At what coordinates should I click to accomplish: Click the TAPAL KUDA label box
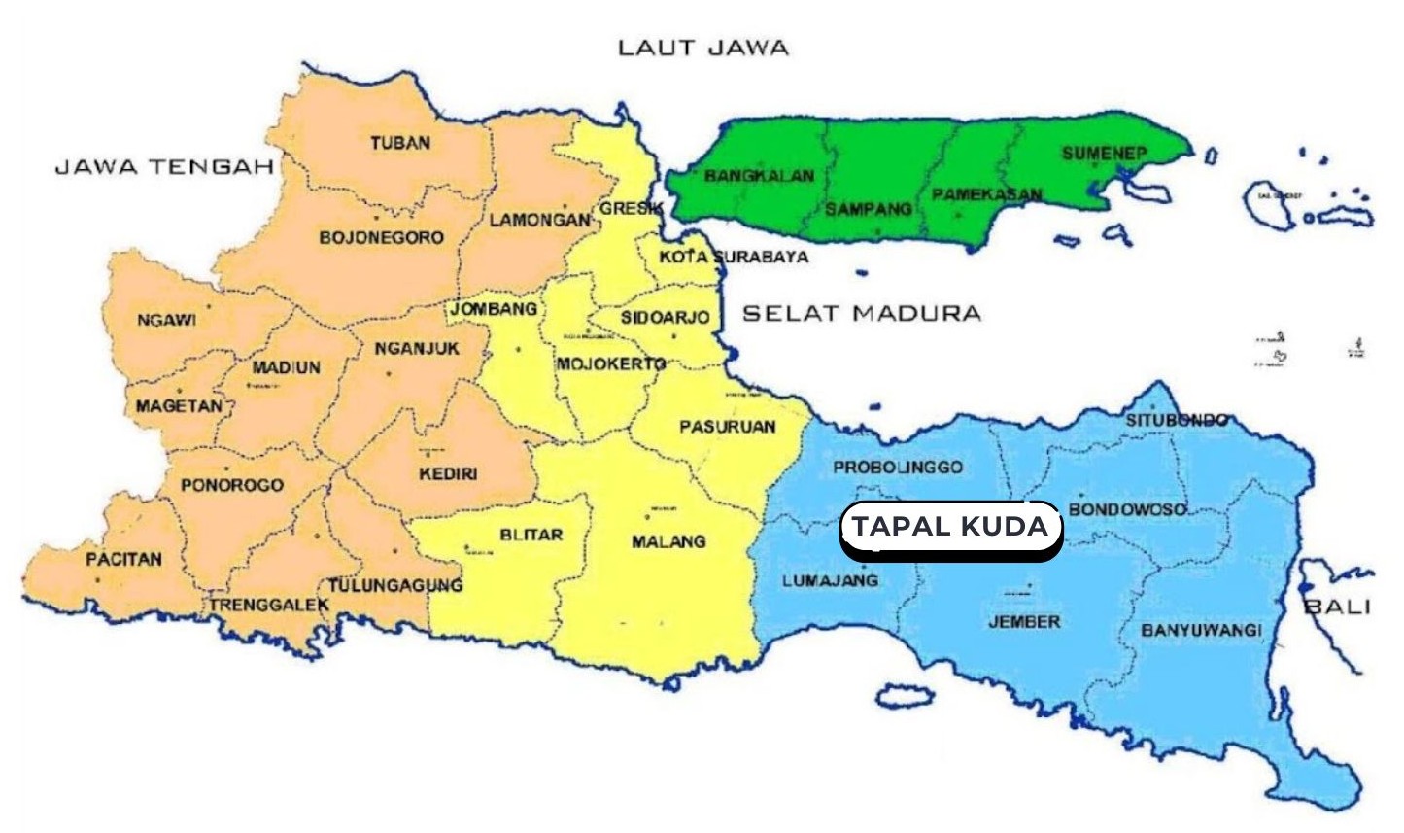pos(950,528)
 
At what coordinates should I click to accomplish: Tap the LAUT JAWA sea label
pos(702,48)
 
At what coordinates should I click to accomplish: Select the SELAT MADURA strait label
pos(861,313)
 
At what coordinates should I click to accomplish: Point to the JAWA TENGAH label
pos(164,167)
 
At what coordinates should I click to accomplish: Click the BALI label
pos(1337,607)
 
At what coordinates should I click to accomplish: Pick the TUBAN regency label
pos(399,143)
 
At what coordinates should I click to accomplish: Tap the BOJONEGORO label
pos(381,237)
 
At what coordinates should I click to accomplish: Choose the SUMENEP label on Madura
pos(1104,154)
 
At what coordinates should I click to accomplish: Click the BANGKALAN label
pos(759,176)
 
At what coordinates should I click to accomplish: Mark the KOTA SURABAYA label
pos(734,258)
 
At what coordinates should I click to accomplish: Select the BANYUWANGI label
pos(1201,630)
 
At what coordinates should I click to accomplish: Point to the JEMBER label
pos(1024,621)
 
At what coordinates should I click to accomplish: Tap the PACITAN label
pos(123,559)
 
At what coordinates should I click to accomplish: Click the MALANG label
pos(668,541)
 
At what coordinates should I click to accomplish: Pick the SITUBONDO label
pos(1176,420)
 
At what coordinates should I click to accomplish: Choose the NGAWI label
pos(166,319)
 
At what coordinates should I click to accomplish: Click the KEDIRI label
pos(448,473)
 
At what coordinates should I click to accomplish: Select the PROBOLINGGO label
pos(897,467)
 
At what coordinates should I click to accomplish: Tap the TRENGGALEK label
pos(269,605)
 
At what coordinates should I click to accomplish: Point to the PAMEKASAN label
pos(987,194)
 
